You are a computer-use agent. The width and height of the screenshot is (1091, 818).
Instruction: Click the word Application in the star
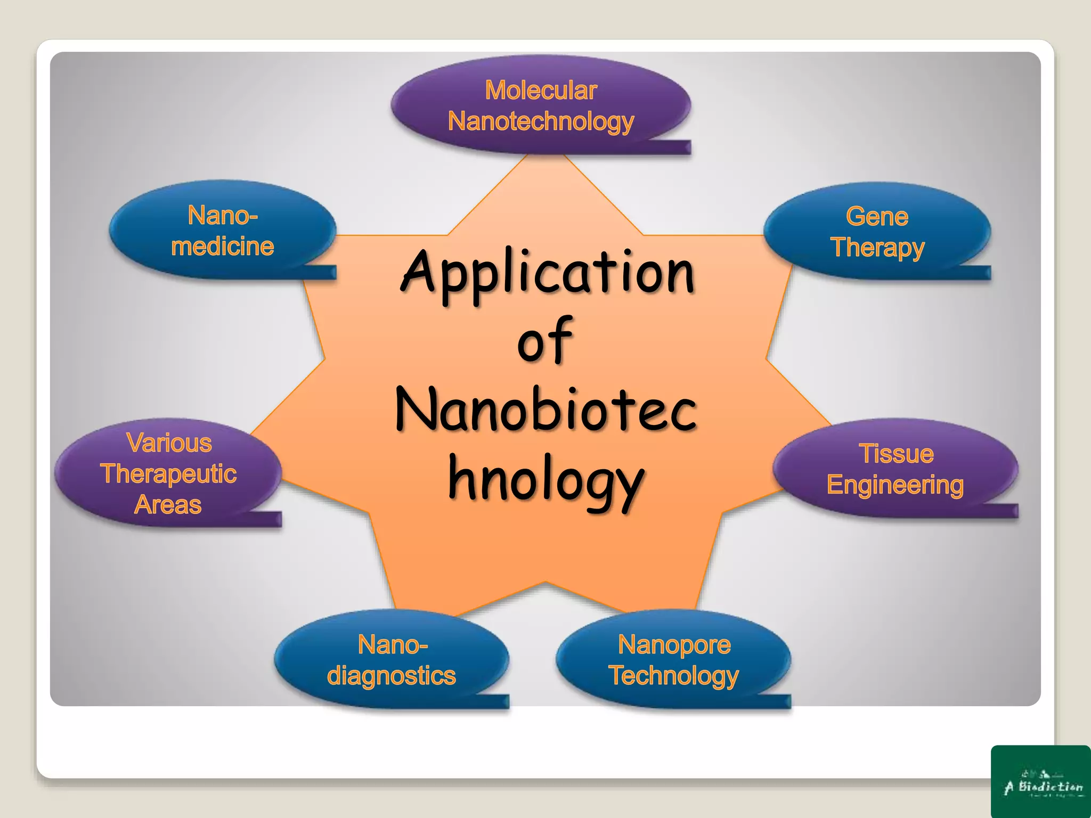[548, 273]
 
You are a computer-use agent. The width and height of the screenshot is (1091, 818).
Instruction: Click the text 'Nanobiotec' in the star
[547, 410]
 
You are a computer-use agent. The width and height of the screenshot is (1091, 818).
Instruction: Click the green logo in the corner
[1040, 781]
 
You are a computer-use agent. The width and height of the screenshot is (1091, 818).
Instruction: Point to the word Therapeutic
[168, 474]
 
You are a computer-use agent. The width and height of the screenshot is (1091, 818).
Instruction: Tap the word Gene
[877, 217]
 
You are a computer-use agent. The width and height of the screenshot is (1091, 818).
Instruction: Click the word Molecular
[541, 91]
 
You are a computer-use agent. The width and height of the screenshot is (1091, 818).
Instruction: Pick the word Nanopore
[674, 645]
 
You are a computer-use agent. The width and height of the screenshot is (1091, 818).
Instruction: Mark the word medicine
[222, 247]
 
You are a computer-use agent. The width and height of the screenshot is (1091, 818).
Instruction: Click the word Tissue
[897, 454]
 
